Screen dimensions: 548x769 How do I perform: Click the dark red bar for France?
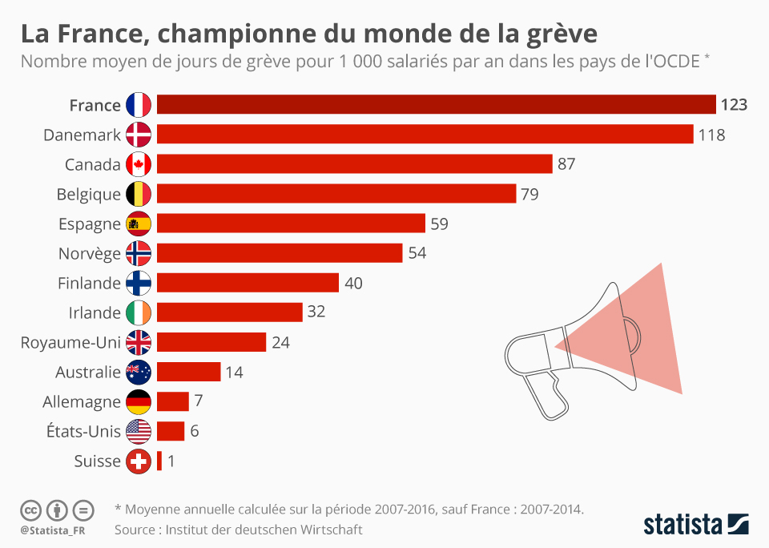coord(436,105)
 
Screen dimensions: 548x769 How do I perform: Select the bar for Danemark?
coord(425,135)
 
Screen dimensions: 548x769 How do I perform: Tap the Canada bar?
coord(354,164)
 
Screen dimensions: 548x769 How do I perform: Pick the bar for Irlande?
coord(229,312)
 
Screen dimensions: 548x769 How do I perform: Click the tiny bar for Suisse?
coord(159,461)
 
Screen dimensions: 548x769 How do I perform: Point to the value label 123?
coord(734,105)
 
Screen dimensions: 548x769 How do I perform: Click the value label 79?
coord(529,194)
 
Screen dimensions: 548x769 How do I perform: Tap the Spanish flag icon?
coord(139,224)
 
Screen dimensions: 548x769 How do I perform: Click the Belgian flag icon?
coord(139,194)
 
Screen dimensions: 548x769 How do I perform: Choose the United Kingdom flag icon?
coord(139,342)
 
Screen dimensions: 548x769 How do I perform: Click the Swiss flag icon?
coord(139,461)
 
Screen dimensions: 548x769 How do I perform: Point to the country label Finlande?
coord(89,283)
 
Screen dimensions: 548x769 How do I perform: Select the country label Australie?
coord(87,372)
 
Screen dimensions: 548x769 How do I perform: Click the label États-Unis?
coord(83,431)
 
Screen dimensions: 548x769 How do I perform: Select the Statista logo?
coord(696,525)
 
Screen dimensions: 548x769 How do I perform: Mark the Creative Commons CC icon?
coord(30,510)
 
